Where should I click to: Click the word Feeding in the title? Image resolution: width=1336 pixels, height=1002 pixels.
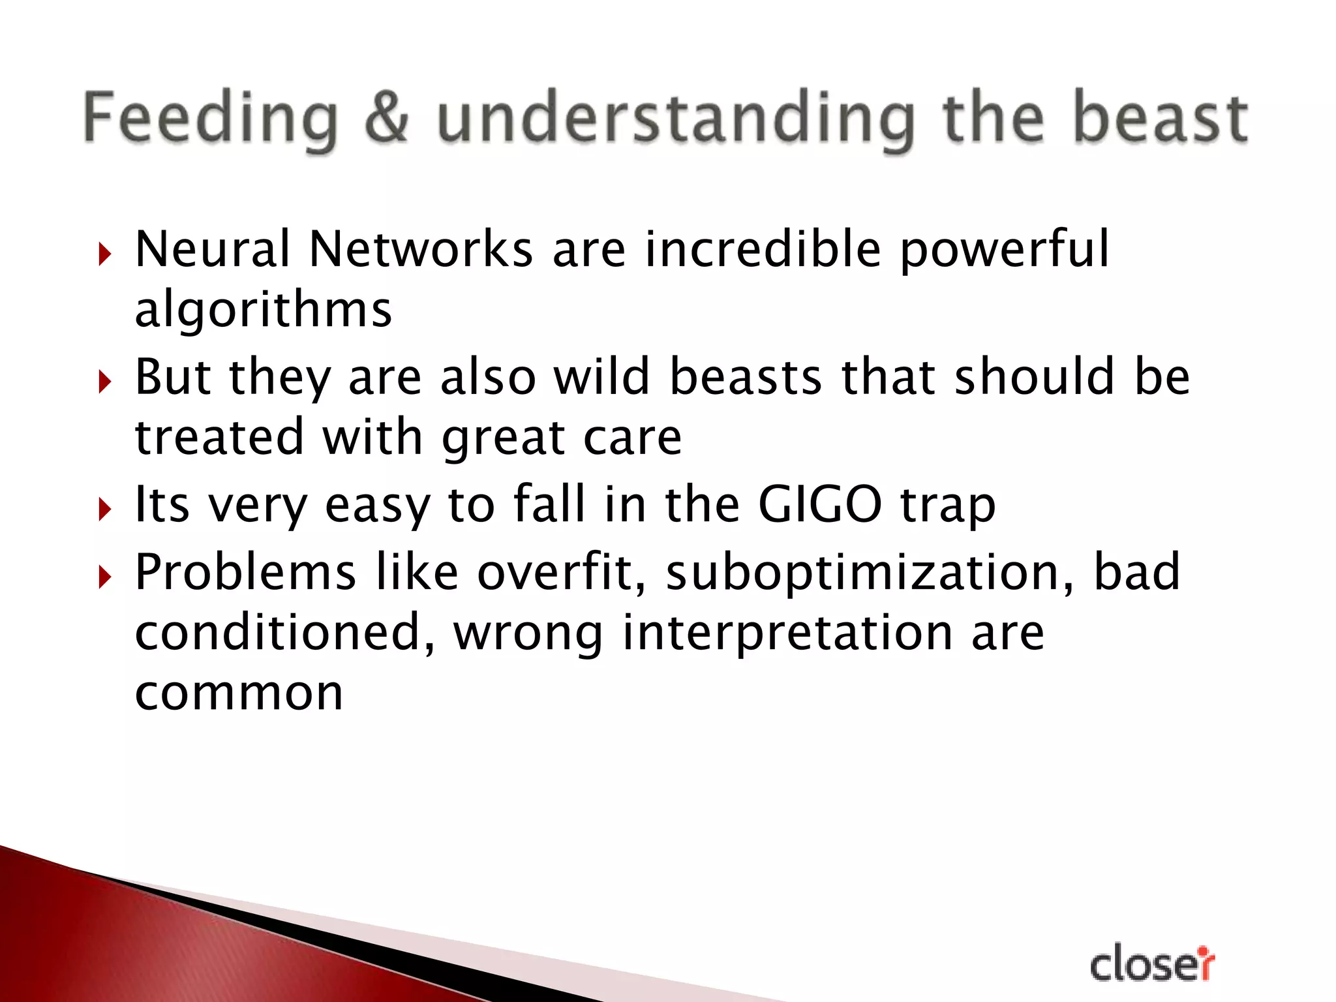tap(210, 119)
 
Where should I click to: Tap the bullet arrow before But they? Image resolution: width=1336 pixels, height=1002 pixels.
tap(104, 382)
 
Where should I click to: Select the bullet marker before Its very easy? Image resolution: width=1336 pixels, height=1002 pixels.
tap(104, 509)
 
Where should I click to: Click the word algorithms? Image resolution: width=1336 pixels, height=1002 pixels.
tap(263, 310)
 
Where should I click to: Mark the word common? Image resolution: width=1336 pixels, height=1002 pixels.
tap(239, 693)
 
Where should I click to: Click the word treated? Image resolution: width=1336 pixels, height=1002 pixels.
tap(219, 436)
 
